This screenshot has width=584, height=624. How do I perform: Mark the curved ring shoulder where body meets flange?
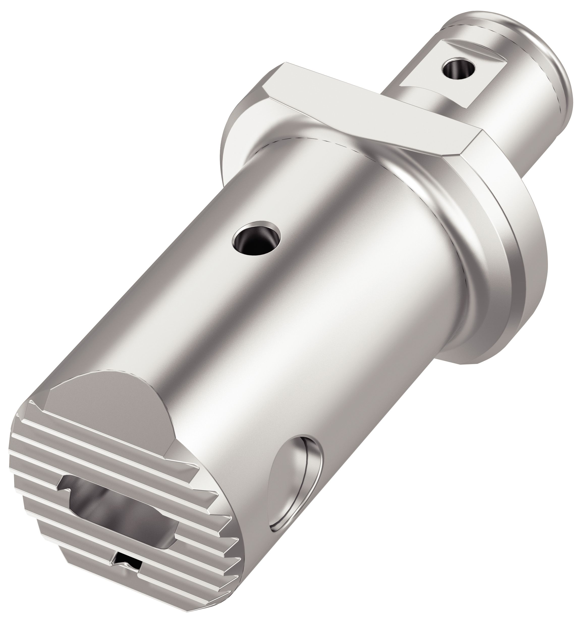(439, 201)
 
